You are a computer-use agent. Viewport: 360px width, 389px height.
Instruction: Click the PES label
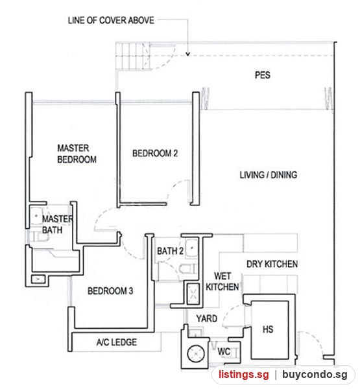(x=263, y=75)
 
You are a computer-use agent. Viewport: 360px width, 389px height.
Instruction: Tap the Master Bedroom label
(x=77, y=154)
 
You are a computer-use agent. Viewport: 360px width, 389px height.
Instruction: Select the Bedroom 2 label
(x=155, y=153)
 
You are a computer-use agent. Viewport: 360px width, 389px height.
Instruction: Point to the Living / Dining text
(x=268, y=175)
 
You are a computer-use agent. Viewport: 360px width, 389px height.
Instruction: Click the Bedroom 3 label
(x=110, y=290)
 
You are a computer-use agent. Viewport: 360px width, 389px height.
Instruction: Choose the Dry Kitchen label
(x=272, y=264)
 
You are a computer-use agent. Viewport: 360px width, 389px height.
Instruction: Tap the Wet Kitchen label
(x=222, y=281)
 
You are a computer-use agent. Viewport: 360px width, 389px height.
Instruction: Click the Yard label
(x=206, y=318)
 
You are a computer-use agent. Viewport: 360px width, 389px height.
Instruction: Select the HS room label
(x=268, y=329)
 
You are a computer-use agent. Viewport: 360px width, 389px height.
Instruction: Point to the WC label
(x=224, y=351)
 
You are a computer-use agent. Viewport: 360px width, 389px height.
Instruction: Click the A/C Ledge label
(x=117, y=342)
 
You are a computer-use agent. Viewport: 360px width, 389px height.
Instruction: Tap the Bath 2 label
(x=170, y=251)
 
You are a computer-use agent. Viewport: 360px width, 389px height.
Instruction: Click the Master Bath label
(x=58, y=224)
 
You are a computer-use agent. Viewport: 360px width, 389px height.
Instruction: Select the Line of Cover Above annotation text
(x=111, y=20)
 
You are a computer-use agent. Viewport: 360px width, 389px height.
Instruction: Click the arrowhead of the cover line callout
(x=188, y=54)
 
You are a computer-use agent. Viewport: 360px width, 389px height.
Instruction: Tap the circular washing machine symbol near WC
(x=196, y=353)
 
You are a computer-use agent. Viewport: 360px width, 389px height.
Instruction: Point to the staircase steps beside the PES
(x=133, y=56)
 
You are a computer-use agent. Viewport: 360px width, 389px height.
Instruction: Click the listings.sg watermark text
(x=243, y=374)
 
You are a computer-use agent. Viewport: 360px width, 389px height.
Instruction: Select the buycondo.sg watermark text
(x=315, y=374)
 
